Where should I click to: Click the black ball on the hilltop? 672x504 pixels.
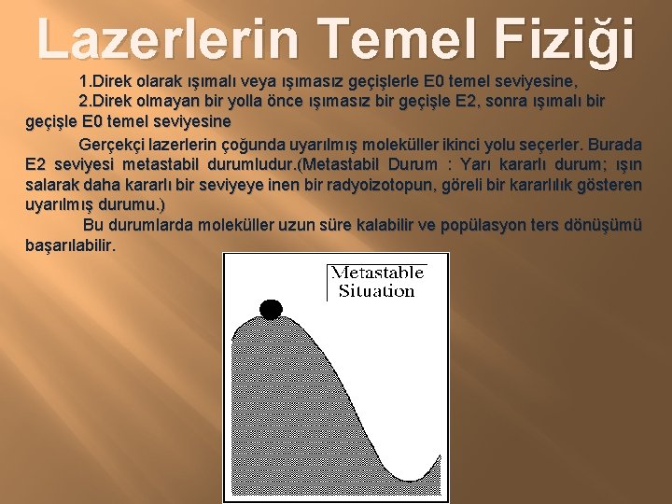pyautogui.click(x=271, y=309)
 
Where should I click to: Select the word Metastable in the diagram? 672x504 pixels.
pyautogui.click(x=378, y=273)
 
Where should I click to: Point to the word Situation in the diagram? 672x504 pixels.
pyautogui.click(x=376, y=291)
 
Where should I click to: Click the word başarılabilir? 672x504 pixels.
pyautogui.click(x=71, y=245)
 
